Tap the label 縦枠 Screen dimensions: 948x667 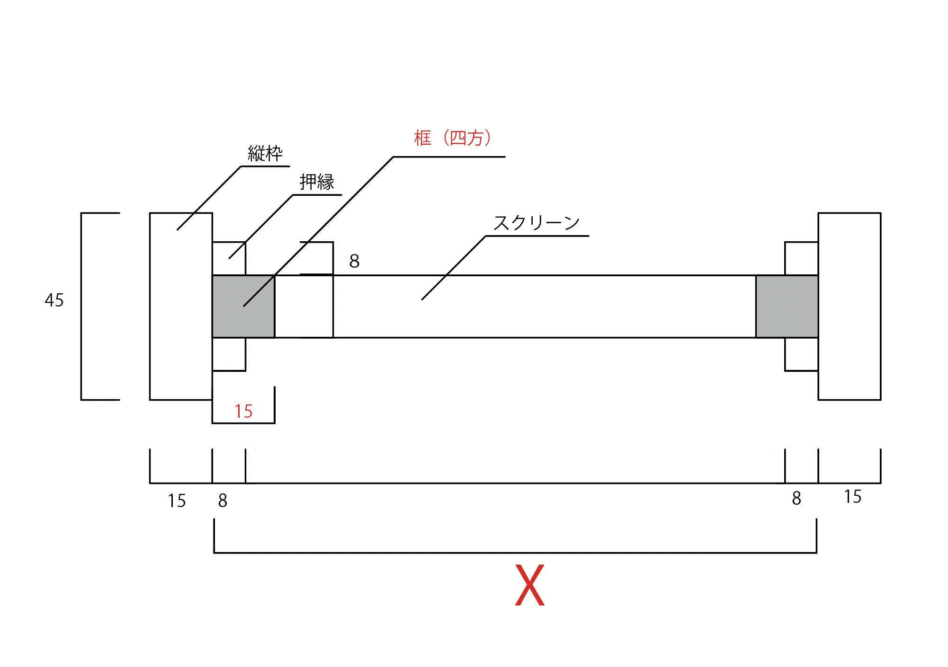pos(265,154)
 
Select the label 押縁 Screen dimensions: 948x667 pos(317,182)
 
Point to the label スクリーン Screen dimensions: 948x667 pos(536,223)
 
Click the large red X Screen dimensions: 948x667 pos(529,585)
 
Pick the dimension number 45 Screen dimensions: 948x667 pos(54,300)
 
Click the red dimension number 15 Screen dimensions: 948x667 pos(243,412)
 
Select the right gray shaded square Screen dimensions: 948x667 pos(787,307)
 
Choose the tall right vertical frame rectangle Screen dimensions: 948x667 pos(849,307)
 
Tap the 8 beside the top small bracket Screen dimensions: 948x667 pos(354,261)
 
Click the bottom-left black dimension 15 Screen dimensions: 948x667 pos(177,501)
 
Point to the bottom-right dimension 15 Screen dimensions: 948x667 pos(852,497)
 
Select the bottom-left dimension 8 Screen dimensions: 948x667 pos(223,500)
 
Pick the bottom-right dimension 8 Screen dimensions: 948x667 pos(796,498)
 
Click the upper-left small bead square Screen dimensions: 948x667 pos(229,258)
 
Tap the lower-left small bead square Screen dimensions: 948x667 pos(229,354)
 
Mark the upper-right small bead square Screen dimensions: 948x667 pos(801,258)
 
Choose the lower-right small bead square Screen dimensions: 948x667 pos(801,354)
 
